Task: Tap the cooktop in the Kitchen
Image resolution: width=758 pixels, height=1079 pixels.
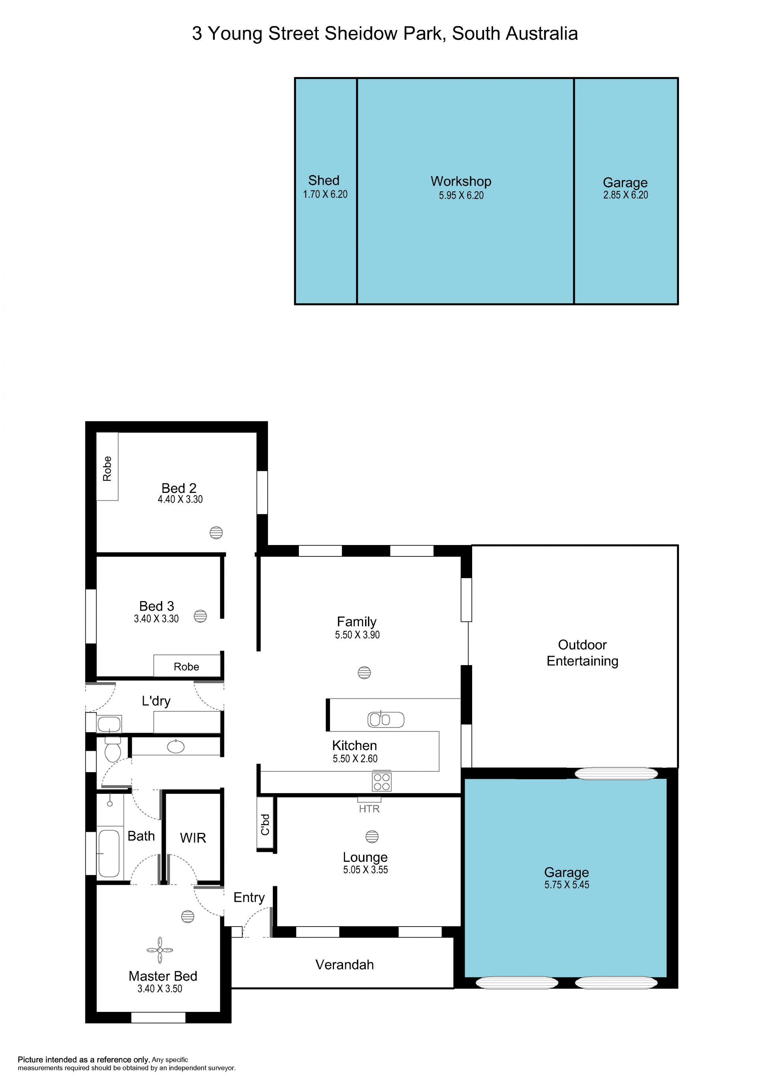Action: tap(381, 782)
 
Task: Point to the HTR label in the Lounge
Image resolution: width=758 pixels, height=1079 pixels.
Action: tap(369, 809)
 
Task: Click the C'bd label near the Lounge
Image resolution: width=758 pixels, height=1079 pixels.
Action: tap(265, 825)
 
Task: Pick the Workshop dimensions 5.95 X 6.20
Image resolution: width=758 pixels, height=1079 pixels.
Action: tap(461, 195)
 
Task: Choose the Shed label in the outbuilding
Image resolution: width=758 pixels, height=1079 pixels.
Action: tap(324, 180)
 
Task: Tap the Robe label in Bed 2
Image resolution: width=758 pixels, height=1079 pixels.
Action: tap(107, 468)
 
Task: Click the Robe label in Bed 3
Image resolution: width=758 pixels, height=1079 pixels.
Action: tap(186, 666)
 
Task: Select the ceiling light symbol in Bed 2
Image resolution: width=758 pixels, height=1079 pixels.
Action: tap(216, 532)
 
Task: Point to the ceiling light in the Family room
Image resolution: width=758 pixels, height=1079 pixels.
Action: tap(364, 673)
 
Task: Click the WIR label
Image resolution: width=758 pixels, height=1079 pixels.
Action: tap(193, 838)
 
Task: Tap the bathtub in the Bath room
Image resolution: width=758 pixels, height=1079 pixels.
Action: tap(109, 854)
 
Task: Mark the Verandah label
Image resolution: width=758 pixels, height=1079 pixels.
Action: tap(345, 965)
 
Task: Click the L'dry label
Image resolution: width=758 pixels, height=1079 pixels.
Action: tap(156, 701)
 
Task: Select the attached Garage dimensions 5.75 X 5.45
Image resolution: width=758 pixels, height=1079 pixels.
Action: tap(567, 884)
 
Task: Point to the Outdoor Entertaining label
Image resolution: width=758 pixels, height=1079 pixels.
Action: tap(582, 653)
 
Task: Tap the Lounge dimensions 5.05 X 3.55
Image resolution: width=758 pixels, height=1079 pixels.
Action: tap(366, 869)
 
